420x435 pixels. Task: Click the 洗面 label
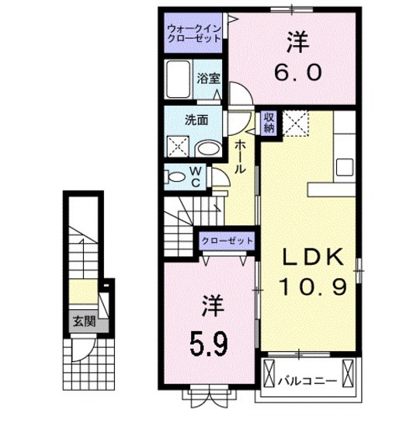click(195, 120)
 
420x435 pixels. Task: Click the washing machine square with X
click(179, 146)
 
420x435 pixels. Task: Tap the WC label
click(196, 177)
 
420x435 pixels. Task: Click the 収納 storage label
click(268, 121)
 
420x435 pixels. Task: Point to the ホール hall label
click(241, 155)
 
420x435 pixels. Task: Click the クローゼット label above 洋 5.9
click(227, 241)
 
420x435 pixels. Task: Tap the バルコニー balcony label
click(308, 381)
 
